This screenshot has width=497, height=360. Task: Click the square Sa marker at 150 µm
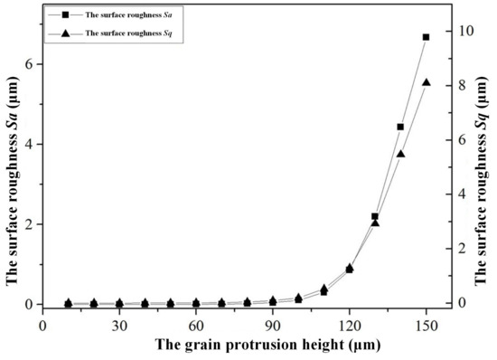coord(427,37)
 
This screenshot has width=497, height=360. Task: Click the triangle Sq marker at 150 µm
coord(427,82)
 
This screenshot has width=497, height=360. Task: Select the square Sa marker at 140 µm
coord(400,127)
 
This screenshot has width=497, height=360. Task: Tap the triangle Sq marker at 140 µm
coord(400,154)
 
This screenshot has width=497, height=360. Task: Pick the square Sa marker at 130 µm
coord(375,216)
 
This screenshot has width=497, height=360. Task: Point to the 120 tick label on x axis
coord(349,323)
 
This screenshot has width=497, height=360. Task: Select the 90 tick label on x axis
coord(272,323)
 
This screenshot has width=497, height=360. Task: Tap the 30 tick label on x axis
coord(118,323)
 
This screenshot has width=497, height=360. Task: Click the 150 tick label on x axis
coord(426,323)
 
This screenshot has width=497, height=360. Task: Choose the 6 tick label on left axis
coord(28,64)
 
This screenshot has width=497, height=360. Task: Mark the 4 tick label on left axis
coord(28,144)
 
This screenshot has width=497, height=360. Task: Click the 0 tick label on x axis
coord(42,323)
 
